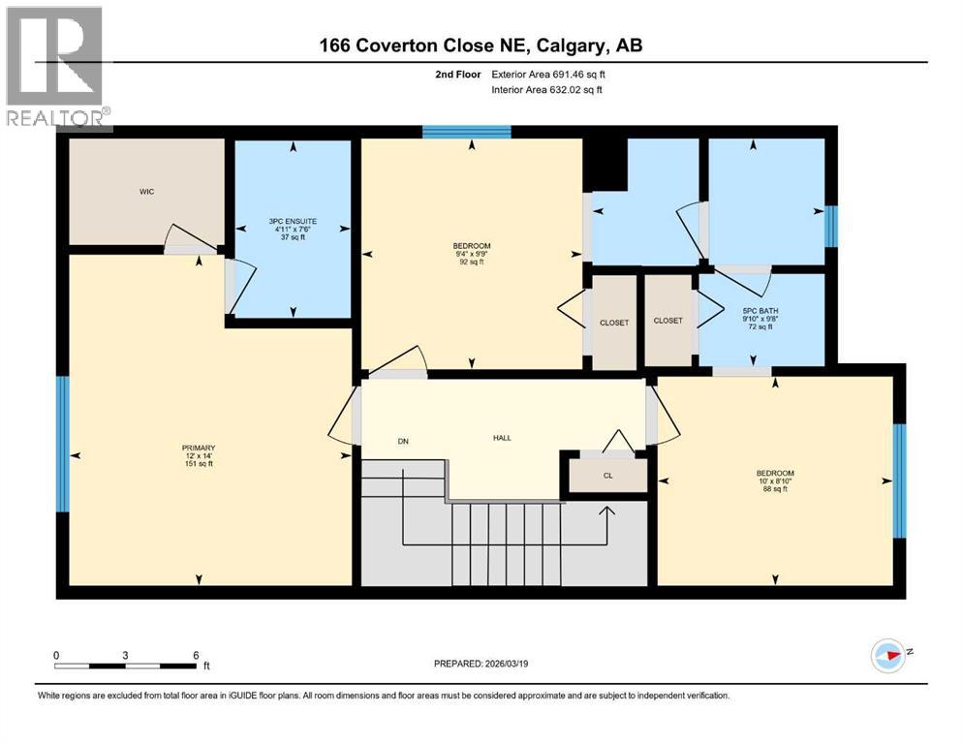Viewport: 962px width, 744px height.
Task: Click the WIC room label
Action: [145, 192]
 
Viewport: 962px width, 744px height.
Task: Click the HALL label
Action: [502, 438]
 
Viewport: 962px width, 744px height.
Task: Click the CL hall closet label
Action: [607, 476]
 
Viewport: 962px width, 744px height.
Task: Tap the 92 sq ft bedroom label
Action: [472, 253]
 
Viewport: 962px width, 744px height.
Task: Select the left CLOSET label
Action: [614, 322]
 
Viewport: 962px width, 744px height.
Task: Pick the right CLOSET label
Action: [667, 321]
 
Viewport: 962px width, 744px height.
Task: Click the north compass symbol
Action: [888, 656]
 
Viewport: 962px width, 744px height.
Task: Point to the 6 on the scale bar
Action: [197, 655]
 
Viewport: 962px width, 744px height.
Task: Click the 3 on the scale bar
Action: [126, 655]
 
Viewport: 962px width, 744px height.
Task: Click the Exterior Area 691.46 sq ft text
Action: [553, 74]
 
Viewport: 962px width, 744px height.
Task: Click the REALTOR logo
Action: [55, 68]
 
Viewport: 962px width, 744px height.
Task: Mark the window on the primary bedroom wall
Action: [63, 444]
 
